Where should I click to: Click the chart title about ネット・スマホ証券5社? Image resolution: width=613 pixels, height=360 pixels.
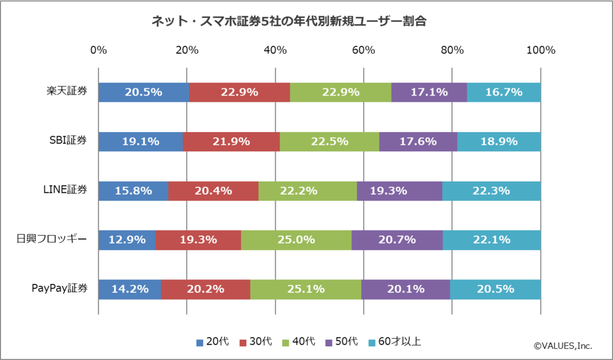(x=289, y=21)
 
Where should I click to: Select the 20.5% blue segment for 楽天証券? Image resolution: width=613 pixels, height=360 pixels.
(x=143, y=92)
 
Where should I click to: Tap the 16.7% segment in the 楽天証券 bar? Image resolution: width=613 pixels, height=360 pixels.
(x=504, y=92)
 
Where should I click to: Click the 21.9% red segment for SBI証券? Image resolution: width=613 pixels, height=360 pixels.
(x=231, y=141)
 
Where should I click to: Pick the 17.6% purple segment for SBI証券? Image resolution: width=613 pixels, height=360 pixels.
(x=418, y=141)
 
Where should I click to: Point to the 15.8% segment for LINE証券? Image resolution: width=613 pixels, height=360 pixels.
(x=133, y=191)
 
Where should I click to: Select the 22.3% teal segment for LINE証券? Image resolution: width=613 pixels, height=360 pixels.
(x=491, y=191)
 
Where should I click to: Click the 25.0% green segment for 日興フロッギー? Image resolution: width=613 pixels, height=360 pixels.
(x=296, y=240)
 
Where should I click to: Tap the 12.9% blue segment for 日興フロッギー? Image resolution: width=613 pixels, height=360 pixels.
(x=127, y=240)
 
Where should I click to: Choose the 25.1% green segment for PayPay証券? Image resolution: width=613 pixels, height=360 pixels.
(x=305, y=290)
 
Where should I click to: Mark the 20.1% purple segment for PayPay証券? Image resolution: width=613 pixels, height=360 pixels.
(x=406, y=290)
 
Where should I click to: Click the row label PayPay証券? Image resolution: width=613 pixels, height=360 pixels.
(x=59, y=289)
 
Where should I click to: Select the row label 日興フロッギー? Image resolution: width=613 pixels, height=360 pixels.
(x=52, y=239)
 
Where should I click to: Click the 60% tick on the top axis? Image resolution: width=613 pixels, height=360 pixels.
(x=364, y=50)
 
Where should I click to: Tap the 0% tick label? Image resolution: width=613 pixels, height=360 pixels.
(x=98, y=50)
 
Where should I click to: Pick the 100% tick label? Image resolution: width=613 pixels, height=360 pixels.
(x=540, y=50)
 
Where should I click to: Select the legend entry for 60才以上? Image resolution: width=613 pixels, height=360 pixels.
(x=394, y=342)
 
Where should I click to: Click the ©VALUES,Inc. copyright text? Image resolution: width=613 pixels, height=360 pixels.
(x=563, y=346)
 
